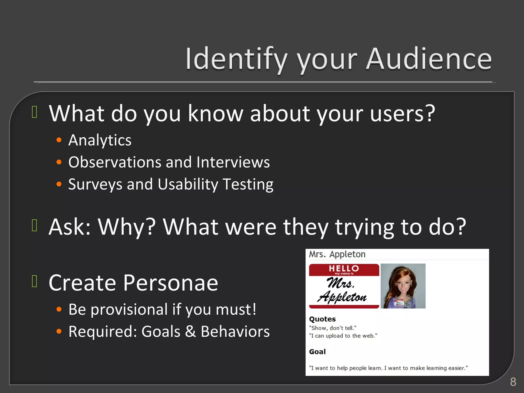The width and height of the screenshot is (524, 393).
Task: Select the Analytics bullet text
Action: coord(100,140)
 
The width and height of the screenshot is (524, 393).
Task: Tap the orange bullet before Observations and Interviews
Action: coord(59,162)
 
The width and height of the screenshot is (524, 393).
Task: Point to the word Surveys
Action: coord(95,184)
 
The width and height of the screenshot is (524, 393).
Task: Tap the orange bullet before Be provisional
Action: coord(59,309)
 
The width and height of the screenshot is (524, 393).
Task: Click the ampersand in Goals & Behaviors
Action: coord(190,332)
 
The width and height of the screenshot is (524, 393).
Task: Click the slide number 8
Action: coord(513,382)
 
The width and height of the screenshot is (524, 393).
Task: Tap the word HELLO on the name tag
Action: coord(344,268)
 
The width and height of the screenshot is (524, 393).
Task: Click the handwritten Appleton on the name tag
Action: coord(342,297)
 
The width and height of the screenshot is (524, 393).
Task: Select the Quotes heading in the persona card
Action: coord(322,319)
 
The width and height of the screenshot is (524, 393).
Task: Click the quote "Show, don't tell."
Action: coord(332,328)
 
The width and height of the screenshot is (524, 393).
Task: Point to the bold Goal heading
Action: coord(317,352)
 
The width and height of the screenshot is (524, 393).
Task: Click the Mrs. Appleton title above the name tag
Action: coord(337,254)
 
